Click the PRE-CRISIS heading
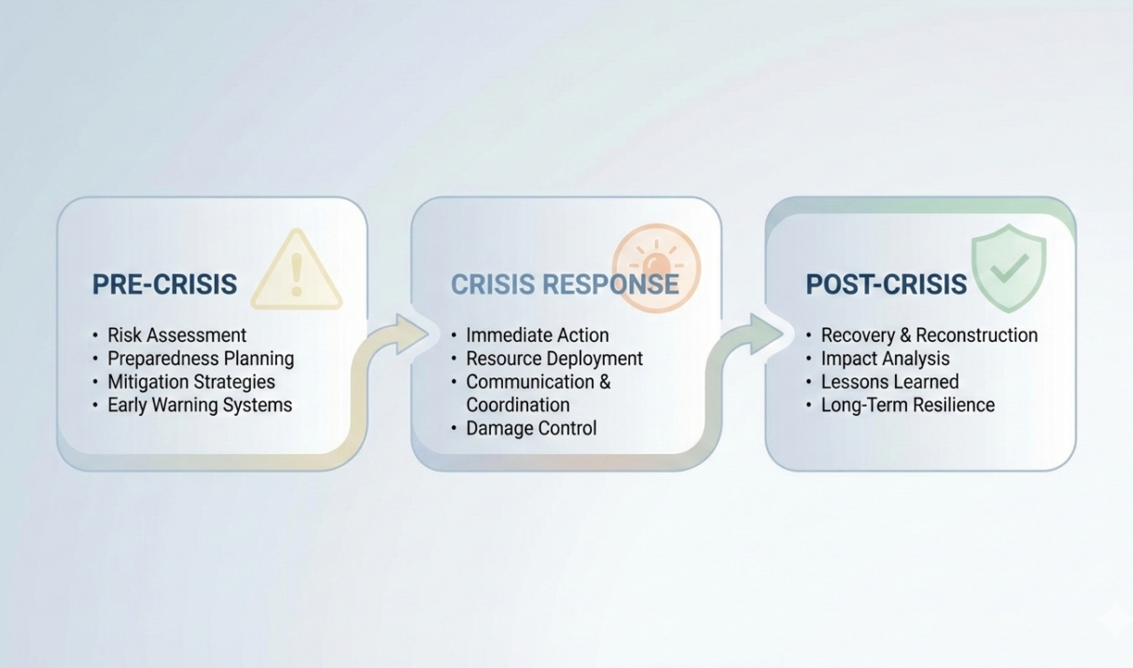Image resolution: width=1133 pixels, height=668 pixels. click(164, 284)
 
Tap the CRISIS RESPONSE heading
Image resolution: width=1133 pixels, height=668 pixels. click(565, 284)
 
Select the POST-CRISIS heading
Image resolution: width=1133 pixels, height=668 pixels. click(886, 284)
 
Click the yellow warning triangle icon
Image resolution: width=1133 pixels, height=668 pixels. click(297, 272)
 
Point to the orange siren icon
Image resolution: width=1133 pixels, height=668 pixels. click(656, 267)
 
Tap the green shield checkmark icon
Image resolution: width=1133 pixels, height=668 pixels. click(1009, 266)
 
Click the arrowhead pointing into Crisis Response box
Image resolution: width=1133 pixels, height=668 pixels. click(409, 334)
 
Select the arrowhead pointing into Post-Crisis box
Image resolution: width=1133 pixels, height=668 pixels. click(765, 334)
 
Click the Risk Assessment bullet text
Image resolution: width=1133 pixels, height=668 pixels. click(176, 334)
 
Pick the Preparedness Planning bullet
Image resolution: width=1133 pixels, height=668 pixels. click(200, 358)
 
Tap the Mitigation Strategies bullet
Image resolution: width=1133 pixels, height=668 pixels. click(190, 381)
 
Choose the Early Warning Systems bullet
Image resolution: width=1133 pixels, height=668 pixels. click(199, 405)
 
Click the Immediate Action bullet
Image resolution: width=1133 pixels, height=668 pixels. click(537, 334)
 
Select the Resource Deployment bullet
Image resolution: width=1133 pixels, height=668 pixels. click(553, 358)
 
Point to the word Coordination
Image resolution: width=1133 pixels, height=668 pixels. click(517, 405)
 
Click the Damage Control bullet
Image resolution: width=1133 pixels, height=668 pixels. click(530, 428)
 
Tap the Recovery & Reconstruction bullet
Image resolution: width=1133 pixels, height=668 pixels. click(929, 334)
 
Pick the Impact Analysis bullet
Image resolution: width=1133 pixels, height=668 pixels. click(885, 358)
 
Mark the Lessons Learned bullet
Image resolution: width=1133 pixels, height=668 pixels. click(888, 381)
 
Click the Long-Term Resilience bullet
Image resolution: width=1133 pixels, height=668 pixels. click(907, 405)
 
